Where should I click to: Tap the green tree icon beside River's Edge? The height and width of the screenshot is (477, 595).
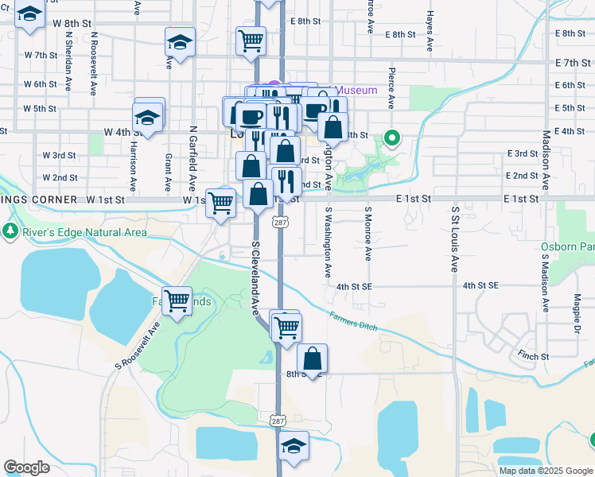[x=11, y=232]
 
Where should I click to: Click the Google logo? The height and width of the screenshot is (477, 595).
[x=26, y=467]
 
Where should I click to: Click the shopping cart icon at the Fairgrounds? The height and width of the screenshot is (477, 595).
[x=177, y=300]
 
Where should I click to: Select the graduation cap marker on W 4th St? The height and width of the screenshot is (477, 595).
[x=148, y=118]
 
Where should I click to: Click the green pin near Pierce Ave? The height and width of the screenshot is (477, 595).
[x=391, y=138]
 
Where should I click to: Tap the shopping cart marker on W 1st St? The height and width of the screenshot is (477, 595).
[x=220, y=202]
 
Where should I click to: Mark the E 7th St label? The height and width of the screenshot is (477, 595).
[x=570, y=62]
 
